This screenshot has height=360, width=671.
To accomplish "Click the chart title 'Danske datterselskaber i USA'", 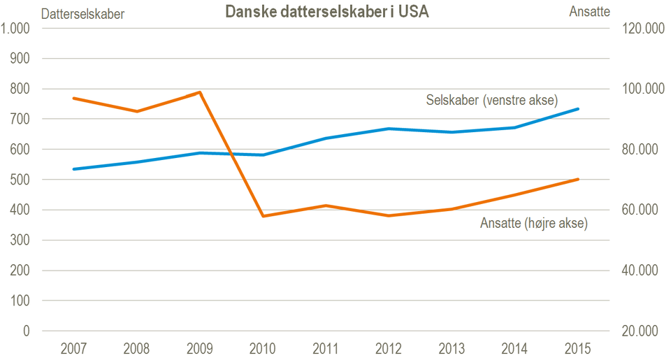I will click(326, 12).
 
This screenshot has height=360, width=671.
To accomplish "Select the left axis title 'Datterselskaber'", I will click(83, 13).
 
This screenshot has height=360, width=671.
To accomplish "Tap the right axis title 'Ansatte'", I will click(589, 11).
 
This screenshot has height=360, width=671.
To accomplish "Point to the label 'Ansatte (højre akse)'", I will click(534, 224).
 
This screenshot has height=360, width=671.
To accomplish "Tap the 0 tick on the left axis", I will click(29, 331).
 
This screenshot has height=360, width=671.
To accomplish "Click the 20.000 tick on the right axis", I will click(637, 331).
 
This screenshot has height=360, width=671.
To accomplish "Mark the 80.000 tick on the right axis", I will click(637, 150).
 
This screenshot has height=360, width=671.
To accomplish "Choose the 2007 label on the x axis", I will click(74, 348).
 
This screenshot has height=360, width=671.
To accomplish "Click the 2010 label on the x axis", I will click(264, 348).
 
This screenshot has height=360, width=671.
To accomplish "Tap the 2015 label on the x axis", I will click(578, 348).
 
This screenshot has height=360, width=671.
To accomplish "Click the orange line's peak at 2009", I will click(201, 92).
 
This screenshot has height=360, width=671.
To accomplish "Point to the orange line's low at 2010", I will click(264, 216).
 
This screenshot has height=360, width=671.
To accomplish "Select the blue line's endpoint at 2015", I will click(578, 109).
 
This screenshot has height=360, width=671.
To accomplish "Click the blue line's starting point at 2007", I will click(74, 169).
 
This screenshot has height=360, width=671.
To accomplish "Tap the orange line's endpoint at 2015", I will click(578, 180).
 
